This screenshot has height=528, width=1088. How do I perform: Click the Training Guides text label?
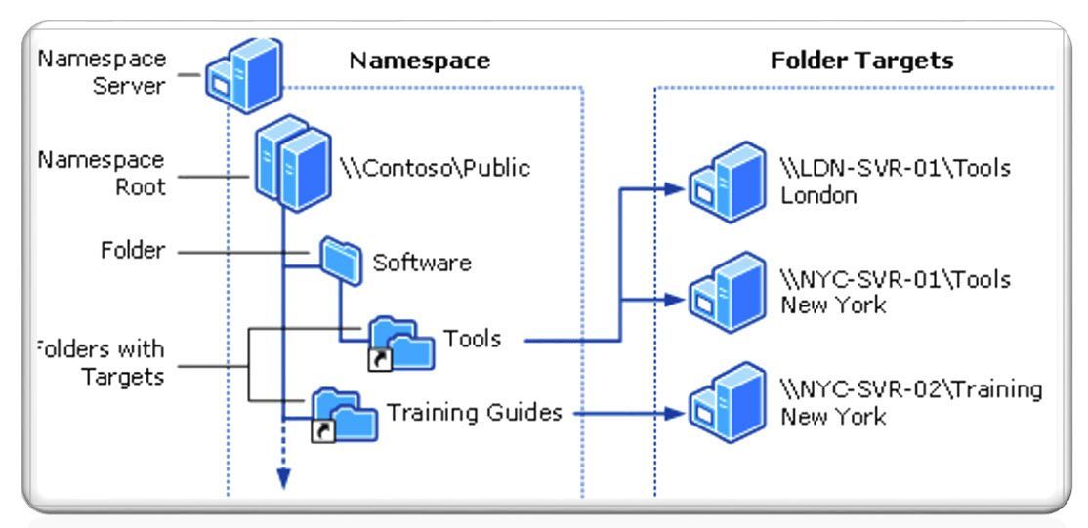click(475, 413)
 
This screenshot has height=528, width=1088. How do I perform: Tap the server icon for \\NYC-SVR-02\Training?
click(721, 399)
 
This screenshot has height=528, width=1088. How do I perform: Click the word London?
click(816, 193)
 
